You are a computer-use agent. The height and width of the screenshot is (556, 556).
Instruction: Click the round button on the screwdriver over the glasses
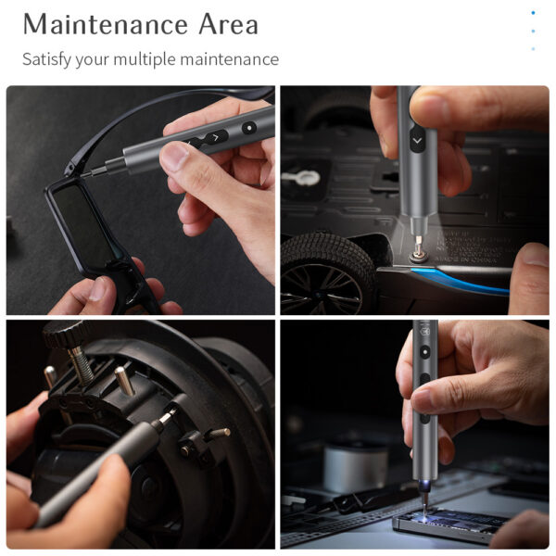(248, 128)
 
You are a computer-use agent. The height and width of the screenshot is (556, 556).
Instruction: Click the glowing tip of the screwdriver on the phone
(424, 498)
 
